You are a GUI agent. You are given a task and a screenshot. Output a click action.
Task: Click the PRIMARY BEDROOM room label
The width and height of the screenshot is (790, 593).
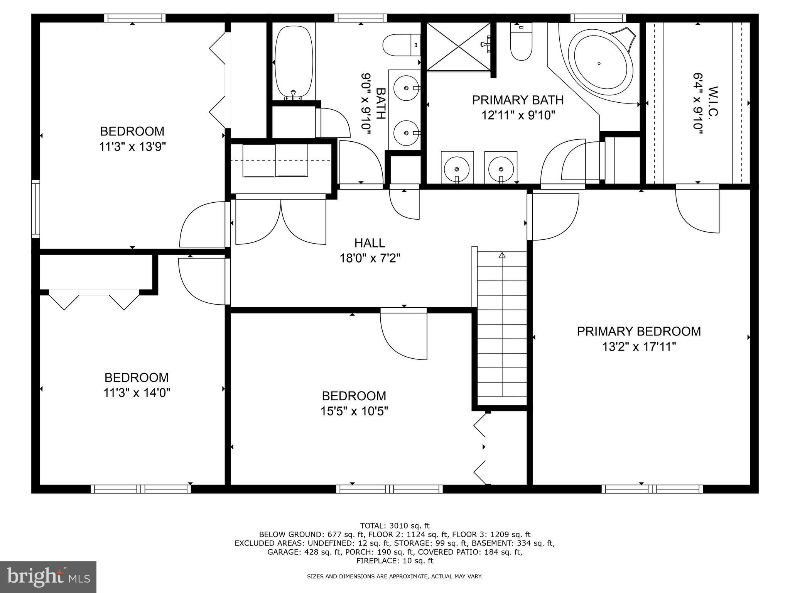639,331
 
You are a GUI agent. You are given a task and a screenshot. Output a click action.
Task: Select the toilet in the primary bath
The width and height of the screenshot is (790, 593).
521,42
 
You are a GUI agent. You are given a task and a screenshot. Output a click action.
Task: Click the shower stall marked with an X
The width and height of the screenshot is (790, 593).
458,46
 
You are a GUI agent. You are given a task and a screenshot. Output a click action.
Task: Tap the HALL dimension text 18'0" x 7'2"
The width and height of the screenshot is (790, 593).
370,258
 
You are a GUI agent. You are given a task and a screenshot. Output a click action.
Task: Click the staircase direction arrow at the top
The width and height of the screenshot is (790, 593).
502,255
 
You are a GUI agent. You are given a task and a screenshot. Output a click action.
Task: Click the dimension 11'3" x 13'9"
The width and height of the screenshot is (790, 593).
132,147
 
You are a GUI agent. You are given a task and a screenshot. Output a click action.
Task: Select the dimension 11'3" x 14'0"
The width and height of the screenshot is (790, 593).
137,393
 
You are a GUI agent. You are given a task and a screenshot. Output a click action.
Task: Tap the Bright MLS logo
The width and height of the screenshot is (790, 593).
48,577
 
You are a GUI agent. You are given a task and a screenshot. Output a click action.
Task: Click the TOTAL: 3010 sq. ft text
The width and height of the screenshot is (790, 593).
395,525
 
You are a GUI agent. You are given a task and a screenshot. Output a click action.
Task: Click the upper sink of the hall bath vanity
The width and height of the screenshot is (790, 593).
407,88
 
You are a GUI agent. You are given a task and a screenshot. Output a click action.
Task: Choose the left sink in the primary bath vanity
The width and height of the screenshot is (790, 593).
457,169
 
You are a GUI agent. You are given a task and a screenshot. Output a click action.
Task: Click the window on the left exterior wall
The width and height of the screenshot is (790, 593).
35,208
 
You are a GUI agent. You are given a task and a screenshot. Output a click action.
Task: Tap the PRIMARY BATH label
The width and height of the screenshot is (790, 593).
518,100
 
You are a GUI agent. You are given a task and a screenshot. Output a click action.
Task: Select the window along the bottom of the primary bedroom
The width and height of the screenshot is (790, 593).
652,489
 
